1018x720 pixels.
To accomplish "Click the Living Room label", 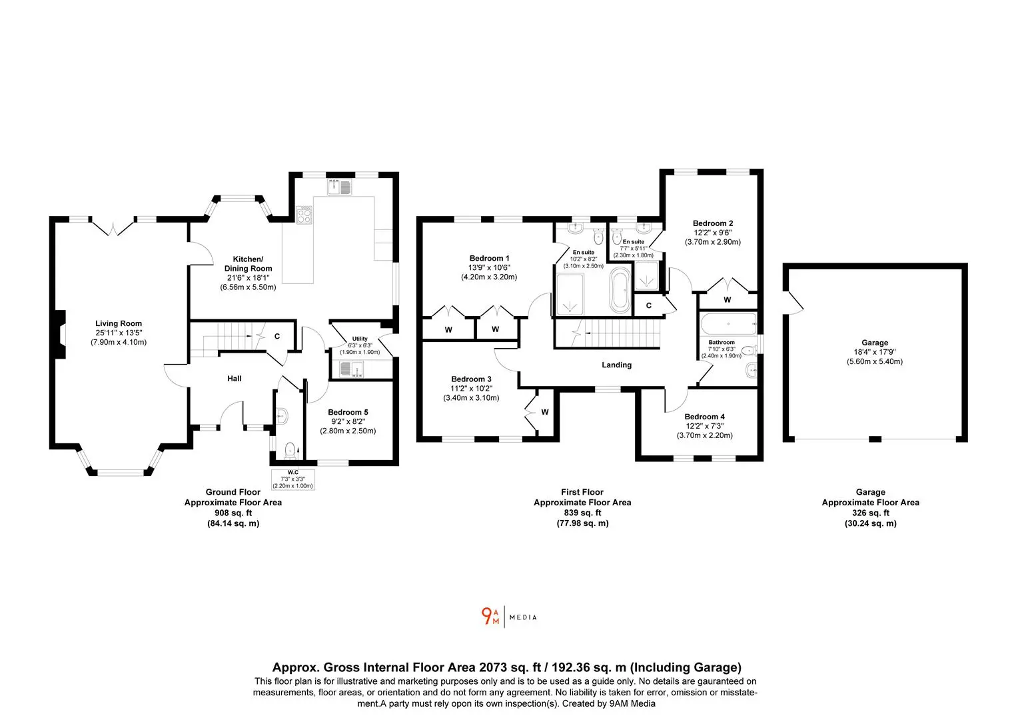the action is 119,323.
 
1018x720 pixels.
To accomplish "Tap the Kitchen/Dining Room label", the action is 248,264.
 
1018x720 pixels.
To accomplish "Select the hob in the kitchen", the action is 304,215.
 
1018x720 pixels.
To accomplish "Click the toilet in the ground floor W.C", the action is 290,450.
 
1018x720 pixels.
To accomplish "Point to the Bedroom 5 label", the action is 348,412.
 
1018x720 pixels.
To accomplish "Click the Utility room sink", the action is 351,369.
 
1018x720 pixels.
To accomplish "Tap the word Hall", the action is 235,379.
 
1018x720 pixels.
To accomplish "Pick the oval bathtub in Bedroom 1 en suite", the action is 620,290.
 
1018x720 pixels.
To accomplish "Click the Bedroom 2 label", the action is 713,223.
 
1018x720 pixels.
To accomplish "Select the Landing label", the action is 617,365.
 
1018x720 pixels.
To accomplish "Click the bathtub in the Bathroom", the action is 728,324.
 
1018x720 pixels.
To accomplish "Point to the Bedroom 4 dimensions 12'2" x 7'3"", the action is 705,426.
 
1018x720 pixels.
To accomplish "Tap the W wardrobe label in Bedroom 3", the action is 545,412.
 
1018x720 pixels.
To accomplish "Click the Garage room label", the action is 875,343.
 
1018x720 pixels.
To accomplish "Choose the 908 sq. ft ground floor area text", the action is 233,513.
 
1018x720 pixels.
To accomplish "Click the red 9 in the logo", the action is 486,616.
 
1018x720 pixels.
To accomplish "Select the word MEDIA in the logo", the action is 523,617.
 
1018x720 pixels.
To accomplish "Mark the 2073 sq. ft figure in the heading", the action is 510,667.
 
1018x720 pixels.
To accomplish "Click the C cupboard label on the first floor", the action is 649,305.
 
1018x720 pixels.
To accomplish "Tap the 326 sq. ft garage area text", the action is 871,513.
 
